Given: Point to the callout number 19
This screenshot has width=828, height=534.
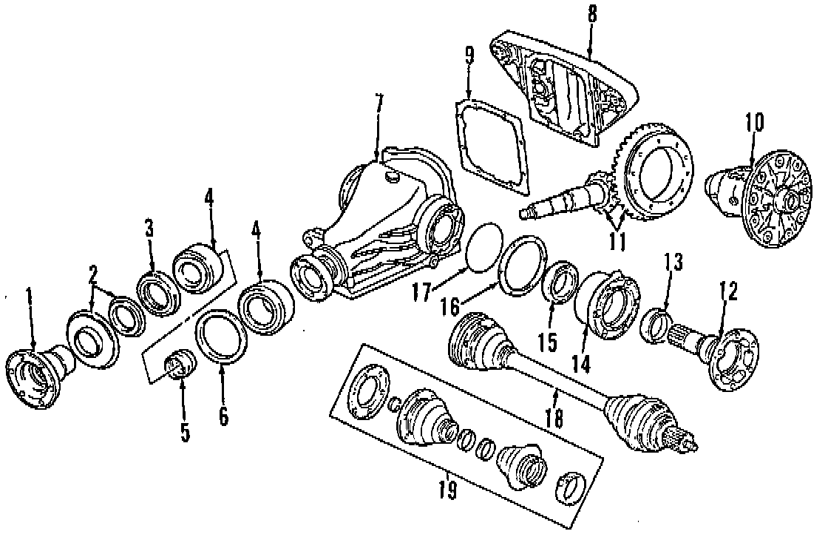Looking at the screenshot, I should [x=447, y=490].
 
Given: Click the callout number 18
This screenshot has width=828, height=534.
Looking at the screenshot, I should [x=553, y=420].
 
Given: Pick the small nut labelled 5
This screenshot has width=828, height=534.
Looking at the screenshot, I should [x=178, y=365].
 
